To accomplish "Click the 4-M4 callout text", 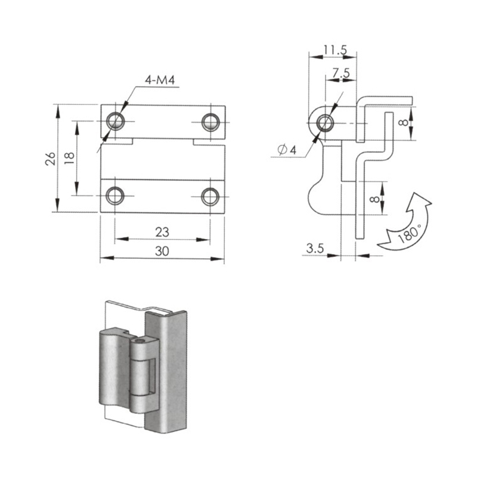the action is coord(160,80).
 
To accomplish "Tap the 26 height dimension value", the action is coord(51,159).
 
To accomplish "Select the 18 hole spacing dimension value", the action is coord(69,158).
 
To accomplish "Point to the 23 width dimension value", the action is coord(162,233).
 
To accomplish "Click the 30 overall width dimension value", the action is coord(162,251).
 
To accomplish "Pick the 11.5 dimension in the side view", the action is coord(335,50).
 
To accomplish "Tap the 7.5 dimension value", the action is coord(341,73).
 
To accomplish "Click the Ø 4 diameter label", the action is coord(287,150).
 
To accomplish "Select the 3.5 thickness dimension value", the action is coord(315,248).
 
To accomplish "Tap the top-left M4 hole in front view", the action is coord(115,121).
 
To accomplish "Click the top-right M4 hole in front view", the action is coord(210,122).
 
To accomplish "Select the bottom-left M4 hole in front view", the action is coord(115,196).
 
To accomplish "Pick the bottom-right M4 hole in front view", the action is coord(210,197).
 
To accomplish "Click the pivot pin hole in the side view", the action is coord(325,123).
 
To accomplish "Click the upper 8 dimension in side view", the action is coord(404,123).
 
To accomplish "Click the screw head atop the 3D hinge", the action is coord(140,341).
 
